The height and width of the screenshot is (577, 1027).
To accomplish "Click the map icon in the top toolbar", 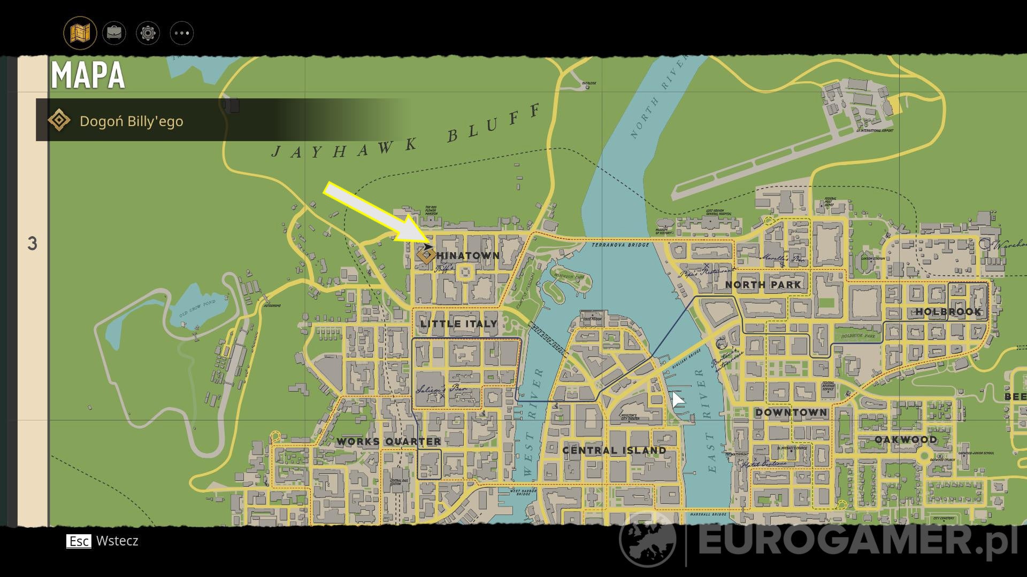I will tap(80, 33).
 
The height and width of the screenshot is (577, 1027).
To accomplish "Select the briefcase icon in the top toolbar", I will tap(114, 33).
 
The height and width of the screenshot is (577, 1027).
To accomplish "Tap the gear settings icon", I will tap(148, 33).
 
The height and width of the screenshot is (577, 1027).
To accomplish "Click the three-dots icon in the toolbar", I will tap(181, 33).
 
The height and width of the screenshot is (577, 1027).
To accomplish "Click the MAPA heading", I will tap(88, 75).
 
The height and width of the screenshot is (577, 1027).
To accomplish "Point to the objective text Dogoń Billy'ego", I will tap(131, 121).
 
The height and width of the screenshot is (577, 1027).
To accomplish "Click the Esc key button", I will tap(79, 541).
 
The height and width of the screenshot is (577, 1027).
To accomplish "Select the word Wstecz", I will tap(117, 541).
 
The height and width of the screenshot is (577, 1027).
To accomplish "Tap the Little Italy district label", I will tap(459, 324).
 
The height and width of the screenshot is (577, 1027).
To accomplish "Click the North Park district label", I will tap(763, 285).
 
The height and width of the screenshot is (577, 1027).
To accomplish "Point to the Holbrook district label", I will tap(948, 311).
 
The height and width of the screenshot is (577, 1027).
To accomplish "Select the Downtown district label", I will tap(791, 412).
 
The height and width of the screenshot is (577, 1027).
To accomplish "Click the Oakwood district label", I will tap(906, 440).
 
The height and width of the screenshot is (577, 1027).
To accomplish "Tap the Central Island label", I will tap(614, 450).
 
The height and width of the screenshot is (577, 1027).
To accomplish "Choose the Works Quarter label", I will tap(389, 442).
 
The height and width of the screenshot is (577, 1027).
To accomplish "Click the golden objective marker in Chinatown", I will tap(426, 255).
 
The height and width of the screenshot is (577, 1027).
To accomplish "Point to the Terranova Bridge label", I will tap(620, 245).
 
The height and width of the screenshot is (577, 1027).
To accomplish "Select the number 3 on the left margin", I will tap(32, 244).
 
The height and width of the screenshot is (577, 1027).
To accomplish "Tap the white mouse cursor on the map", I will tap(677, 400).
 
